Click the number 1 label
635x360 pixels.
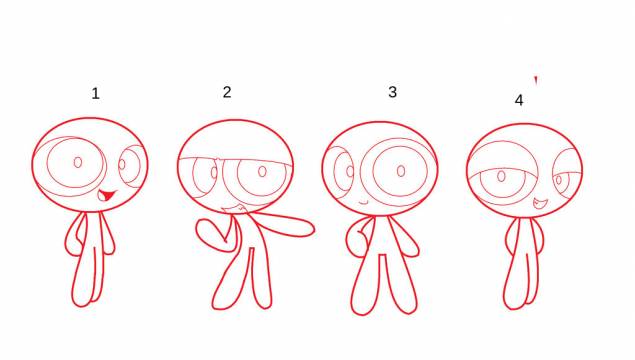(x=96, y=94)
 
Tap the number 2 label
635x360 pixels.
(x=227, y=92)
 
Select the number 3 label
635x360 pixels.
(x=392, y=92)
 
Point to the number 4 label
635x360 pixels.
(x=519, y=100)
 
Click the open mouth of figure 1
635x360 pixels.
(x=107, y=196)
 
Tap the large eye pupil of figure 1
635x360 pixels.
(x=78, y=162)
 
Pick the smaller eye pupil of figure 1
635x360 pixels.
(x=122, y=164)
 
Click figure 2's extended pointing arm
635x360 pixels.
(x=283, y=225)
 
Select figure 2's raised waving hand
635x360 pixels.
(x=211, y=232)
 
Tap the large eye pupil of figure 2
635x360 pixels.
(x=262, y=171)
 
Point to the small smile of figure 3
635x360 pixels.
(x=363, y=202)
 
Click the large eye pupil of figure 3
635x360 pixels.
(x=401, y=171)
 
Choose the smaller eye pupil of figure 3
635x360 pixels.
(x=350, y=171)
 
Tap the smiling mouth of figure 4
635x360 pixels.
(x=540, y=203)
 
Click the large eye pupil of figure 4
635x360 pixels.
(x=501, y=176)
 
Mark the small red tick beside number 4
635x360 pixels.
(x=536, y=80)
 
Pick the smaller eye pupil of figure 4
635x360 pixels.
(x=559, y=180)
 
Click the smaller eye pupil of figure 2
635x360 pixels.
(x=214, y=173)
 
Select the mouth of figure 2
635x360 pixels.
(x=234, y=209)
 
